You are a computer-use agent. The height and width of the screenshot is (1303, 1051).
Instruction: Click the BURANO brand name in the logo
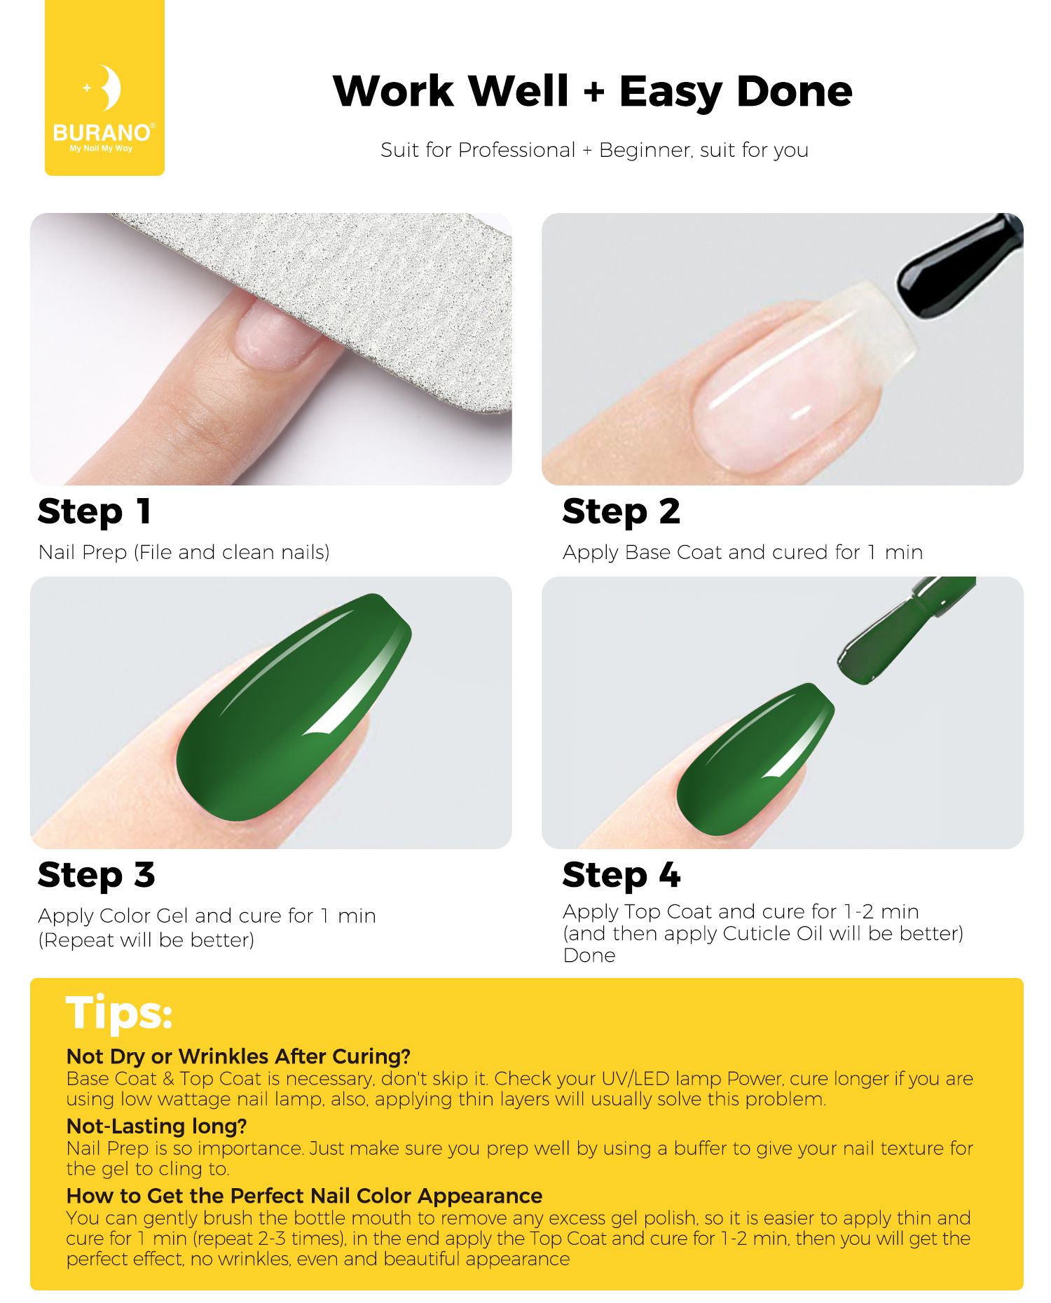tap(102, 132)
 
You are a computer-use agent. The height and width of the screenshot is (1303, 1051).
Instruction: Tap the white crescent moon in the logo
tap(110, 88)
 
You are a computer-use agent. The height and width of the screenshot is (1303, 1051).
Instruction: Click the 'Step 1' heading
tap(95, 512)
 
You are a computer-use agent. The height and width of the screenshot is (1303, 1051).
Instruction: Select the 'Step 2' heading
tap(621, 512)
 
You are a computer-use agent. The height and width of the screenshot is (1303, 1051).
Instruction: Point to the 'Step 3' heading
tap(96, 876)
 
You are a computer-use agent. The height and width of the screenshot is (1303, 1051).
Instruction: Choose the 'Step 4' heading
tap(621, 876)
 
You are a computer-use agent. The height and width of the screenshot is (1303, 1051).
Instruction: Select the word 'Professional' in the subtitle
tap(516, 150)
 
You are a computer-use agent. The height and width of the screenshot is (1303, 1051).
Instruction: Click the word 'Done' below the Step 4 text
tap(589, 956)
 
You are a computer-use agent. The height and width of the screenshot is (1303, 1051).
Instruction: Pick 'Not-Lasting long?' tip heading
tap(157, 1126)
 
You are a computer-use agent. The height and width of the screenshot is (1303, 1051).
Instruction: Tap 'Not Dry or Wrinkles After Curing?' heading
tap(238, 1056)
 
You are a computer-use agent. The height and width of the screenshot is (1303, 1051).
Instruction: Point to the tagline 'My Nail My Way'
tap(101, 149)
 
